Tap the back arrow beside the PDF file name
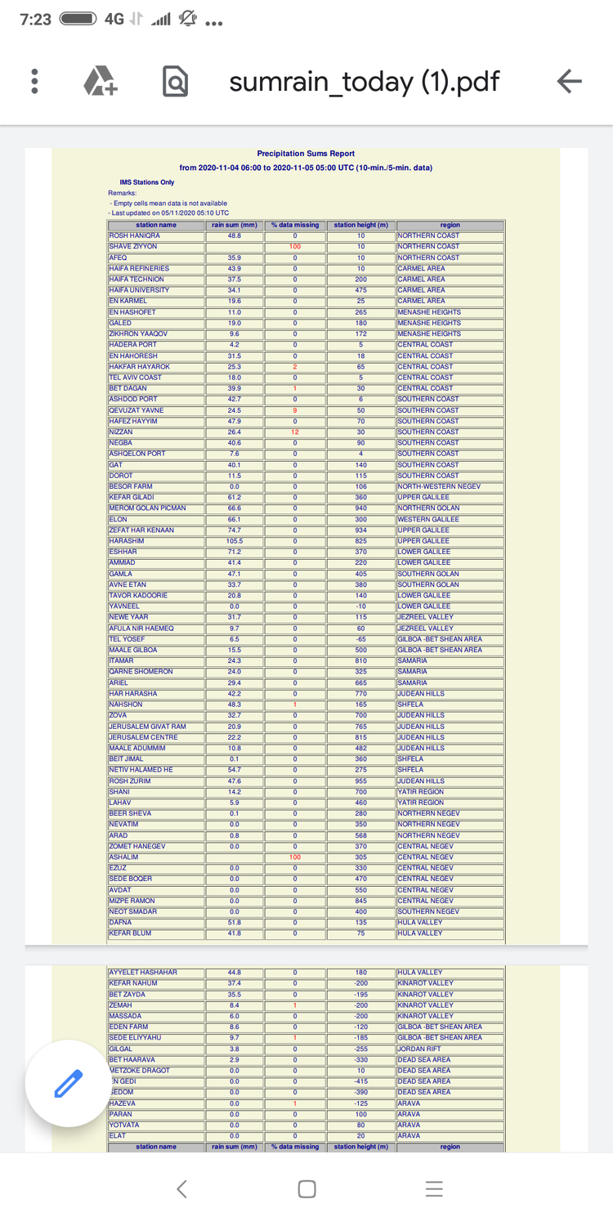click(x=569, y=81)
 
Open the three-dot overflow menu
click(x=34, y=81)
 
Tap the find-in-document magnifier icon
click(x=175, y=82)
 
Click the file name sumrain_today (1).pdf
click(x=364, y=82)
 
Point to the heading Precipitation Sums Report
click(x=306, y=154)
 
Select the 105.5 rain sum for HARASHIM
click(x=235, y=541)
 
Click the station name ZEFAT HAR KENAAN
click(x=141, y=530)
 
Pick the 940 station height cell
click(x=360, y=508)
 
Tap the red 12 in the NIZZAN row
click(x=295, y=432)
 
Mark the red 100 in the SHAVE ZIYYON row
click(x=295, y=247)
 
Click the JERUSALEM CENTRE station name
click(x=143, y=737)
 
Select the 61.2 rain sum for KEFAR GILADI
click(x=235, y=498)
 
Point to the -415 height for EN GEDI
click(x=360, y=1081)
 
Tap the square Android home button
click(x=306, y=1189)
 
